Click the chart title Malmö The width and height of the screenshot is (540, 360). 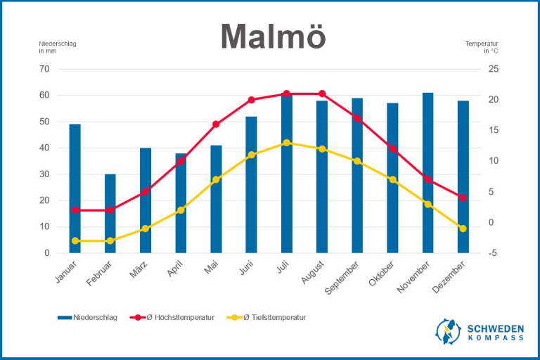coord(273,37)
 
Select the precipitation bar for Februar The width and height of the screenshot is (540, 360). coord(110,213)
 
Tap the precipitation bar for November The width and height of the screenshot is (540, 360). coord(428,172)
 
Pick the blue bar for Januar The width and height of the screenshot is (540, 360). coord(75,188)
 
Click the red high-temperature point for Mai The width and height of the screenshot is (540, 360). coord(216,124)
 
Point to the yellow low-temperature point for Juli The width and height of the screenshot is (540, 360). coord(287,143)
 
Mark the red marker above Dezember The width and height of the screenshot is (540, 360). coord(463,198)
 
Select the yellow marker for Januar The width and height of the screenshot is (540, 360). coord(75,240)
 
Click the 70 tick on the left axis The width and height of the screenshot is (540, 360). coord(44,69)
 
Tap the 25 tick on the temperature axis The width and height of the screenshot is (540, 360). coord(494,69)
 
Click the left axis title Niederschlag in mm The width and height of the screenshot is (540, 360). coord(57,47)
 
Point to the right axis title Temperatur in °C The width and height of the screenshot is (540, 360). coord(482,47)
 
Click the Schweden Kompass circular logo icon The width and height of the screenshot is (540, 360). coord(448,331)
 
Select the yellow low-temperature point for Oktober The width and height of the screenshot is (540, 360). coord(393,180)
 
